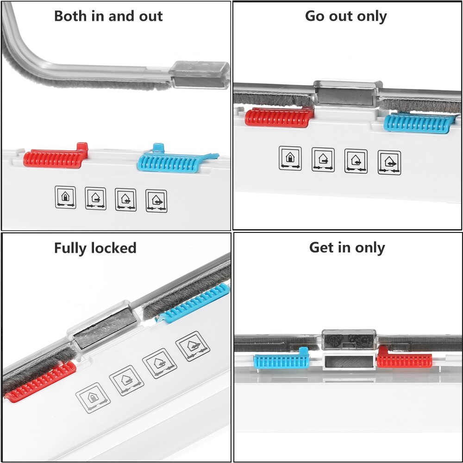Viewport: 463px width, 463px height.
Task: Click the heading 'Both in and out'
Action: click(108, 16)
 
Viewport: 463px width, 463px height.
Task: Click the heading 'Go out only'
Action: click(346, 16)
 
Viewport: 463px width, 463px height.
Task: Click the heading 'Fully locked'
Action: click(95, 248)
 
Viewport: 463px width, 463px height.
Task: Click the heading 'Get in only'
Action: click(347, 248)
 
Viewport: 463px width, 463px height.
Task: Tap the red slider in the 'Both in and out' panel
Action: click(55, 158)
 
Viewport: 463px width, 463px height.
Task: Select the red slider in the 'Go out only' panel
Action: click(278, 118)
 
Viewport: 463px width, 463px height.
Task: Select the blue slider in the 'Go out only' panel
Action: click(417, 123)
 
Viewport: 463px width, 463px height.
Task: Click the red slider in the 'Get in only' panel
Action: click(404, 360)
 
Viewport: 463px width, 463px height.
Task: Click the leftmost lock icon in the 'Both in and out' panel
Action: click(65, 197)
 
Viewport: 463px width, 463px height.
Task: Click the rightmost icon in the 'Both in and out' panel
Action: click(156, 200)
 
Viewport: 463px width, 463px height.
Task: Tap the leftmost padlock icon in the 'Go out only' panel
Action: click(290, 158)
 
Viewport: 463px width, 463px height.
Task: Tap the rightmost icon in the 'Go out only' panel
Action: click(389, 162)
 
